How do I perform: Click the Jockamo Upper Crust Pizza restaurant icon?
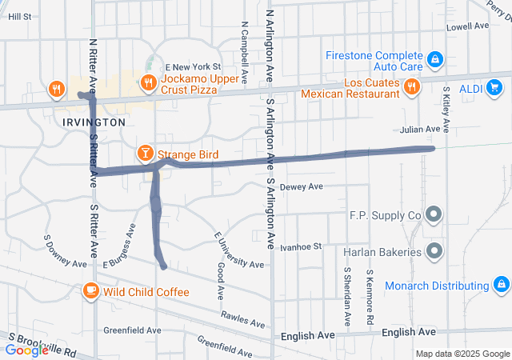147,81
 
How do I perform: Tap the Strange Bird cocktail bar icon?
145,151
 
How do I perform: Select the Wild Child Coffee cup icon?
92,290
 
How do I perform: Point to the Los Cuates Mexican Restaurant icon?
411,86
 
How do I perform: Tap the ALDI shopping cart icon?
494,87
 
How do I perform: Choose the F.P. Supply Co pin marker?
434,214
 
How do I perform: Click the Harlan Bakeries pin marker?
434,251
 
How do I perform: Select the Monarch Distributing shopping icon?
501,285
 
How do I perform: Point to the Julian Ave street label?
421,129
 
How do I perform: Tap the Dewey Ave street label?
301,187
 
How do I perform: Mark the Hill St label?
19,16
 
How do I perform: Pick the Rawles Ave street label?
242,319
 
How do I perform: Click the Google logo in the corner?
26,350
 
